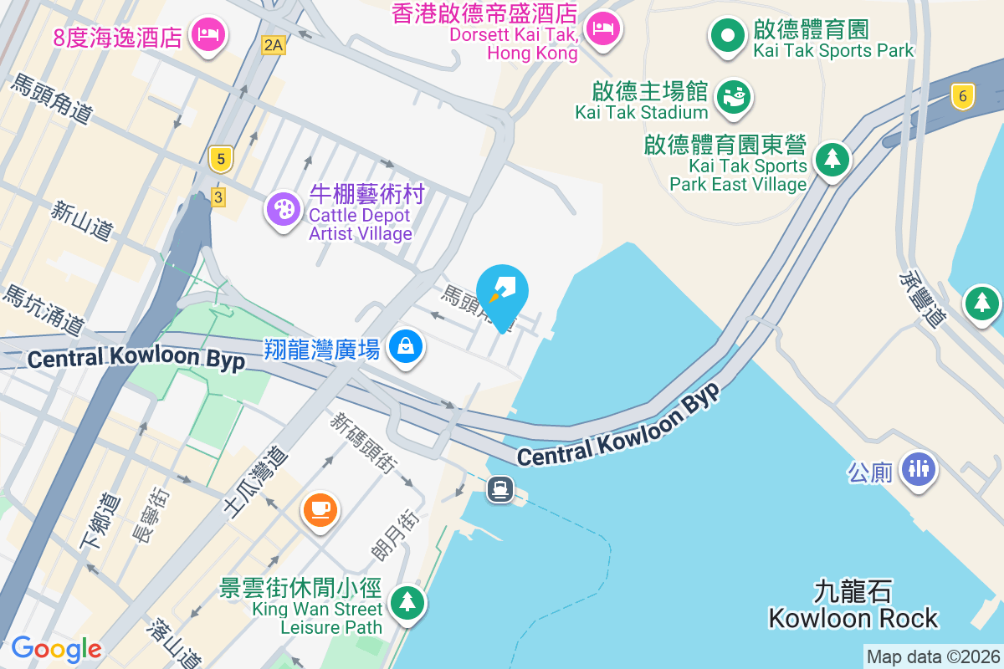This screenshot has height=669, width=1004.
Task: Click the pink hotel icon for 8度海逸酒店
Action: coord(207,35)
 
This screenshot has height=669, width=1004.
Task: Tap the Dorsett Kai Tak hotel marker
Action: coord(602,28)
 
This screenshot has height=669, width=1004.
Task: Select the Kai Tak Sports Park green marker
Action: coord(727,36)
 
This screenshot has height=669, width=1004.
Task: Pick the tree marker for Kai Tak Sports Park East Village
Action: coord(832,158)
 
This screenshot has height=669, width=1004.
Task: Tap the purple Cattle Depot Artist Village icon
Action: coord(284,209)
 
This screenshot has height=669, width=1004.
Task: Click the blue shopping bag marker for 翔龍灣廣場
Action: coord(406,345)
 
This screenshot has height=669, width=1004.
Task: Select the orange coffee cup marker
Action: coord(320,508)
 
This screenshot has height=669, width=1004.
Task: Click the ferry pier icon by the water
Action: coord(500,488)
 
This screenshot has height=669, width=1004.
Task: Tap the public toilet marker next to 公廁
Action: coord(919,470)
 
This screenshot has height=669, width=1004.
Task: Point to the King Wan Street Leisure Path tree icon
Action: coord(407,601)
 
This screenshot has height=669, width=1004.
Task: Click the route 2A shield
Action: coord(273,45)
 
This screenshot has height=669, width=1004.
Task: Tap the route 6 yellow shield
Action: coord(963,96)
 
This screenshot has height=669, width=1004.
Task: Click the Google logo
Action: coord(56,648)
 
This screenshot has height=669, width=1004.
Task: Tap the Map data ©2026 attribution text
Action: coord(933,656)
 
